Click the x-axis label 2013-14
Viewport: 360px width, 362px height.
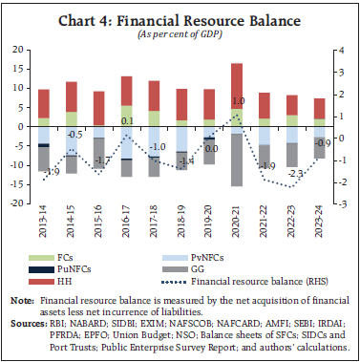(43, 224)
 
